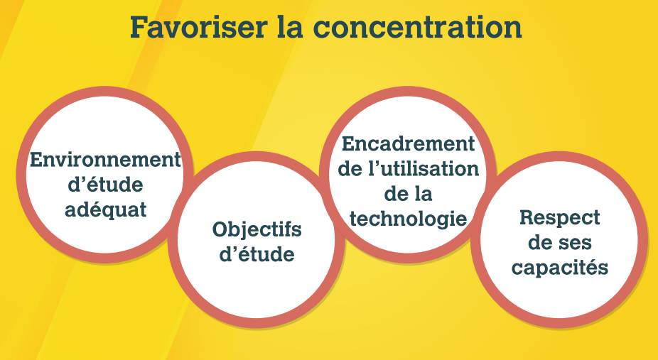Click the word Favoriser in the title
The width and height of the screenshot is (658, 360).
(x=198, y=28)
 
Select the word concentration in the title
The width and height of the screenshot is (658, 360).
(x=418, y=28)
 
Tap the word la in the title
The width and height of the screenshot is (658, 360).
(x=290, y=27)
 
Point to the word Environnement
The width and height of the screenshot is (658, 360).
(x=105, y=160)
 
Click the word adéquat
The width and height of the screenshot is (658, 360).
(x=106, y=209)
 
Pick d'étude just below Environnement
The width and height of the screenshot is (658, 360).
(x=105, y=185)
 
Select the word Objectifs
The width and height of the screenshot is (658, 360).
(x=257, y=229)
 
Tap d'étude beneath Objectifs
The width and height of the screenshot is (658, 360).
(x=257, y=254)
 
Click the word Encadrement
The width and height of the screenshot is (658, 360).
(x=409, y=143)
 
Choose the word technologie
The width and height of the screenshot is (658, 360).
(x=409, y=219)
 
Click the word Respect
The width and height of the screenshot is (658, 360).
(x=560, y=218)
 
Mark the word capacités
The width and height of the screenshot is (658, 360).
(x=560, y=268)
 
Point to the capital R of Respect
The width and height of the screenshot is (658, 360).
(x=527, y=217)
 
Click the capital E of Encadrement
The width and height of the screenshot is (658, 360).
(x=349, y=143)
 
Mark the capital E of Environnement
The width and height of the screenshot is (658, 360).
(x=36, y=160)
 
